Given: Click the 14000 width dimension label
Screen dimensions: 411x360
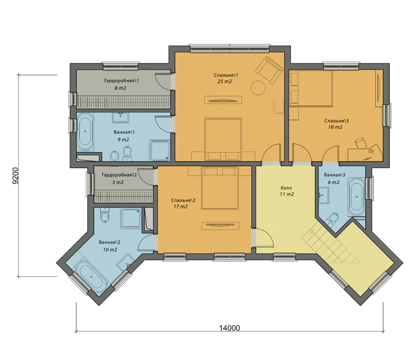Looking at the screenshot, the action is pos(229,328).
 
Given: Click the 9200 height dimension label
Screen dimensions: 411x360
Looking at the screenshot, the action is pos(16,175).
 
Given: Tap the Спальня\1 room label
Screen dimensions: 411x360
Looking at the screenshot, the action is pos(226,75).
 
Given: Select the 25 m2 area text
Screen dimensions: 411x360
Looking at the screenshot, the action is pos(225,81).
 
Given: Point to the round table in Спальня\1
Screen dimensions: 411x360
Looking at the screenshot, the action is pos(258,88).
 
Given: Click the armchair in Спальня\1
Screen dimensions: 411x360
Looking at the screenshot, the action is pos(269,70).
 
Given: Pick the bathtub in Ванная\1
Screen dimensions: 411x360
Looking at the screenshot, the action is pos(85,132).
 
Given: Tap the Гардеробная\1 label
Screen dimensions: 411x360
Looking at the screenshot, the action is pos(121,81).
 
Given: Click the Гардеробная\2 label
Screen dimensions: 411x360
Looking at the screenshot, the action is pos(119,175).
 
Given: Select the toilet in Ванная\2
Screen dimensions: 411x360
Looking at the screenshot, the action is pos(104,215).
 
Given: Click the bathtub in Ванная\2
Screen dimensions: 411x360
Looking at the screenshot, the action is pos(90,277).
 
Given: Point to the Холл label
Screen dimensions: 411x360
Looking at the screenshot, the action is pos(286,188).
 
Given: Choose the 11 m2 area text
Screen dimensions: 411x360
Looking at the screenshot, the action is pos(287,194).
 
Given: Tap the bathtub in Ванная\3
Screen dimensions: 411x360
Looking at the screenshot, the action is pos(356,196).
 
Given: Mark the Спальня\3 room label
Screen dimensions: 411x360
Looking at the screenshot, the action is pos(336,121).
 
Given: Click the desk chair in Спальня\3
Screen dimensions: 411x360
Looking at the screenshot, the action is pos(360,143).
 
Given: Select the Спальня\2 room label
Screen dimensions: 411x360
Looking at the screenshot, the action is pos(183,201).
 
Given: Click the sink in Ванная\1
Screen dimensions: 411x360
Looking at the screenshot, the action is pos(120,117).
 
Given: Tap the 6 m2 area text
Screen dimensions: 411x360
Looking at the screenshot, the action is pos(333,182).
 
